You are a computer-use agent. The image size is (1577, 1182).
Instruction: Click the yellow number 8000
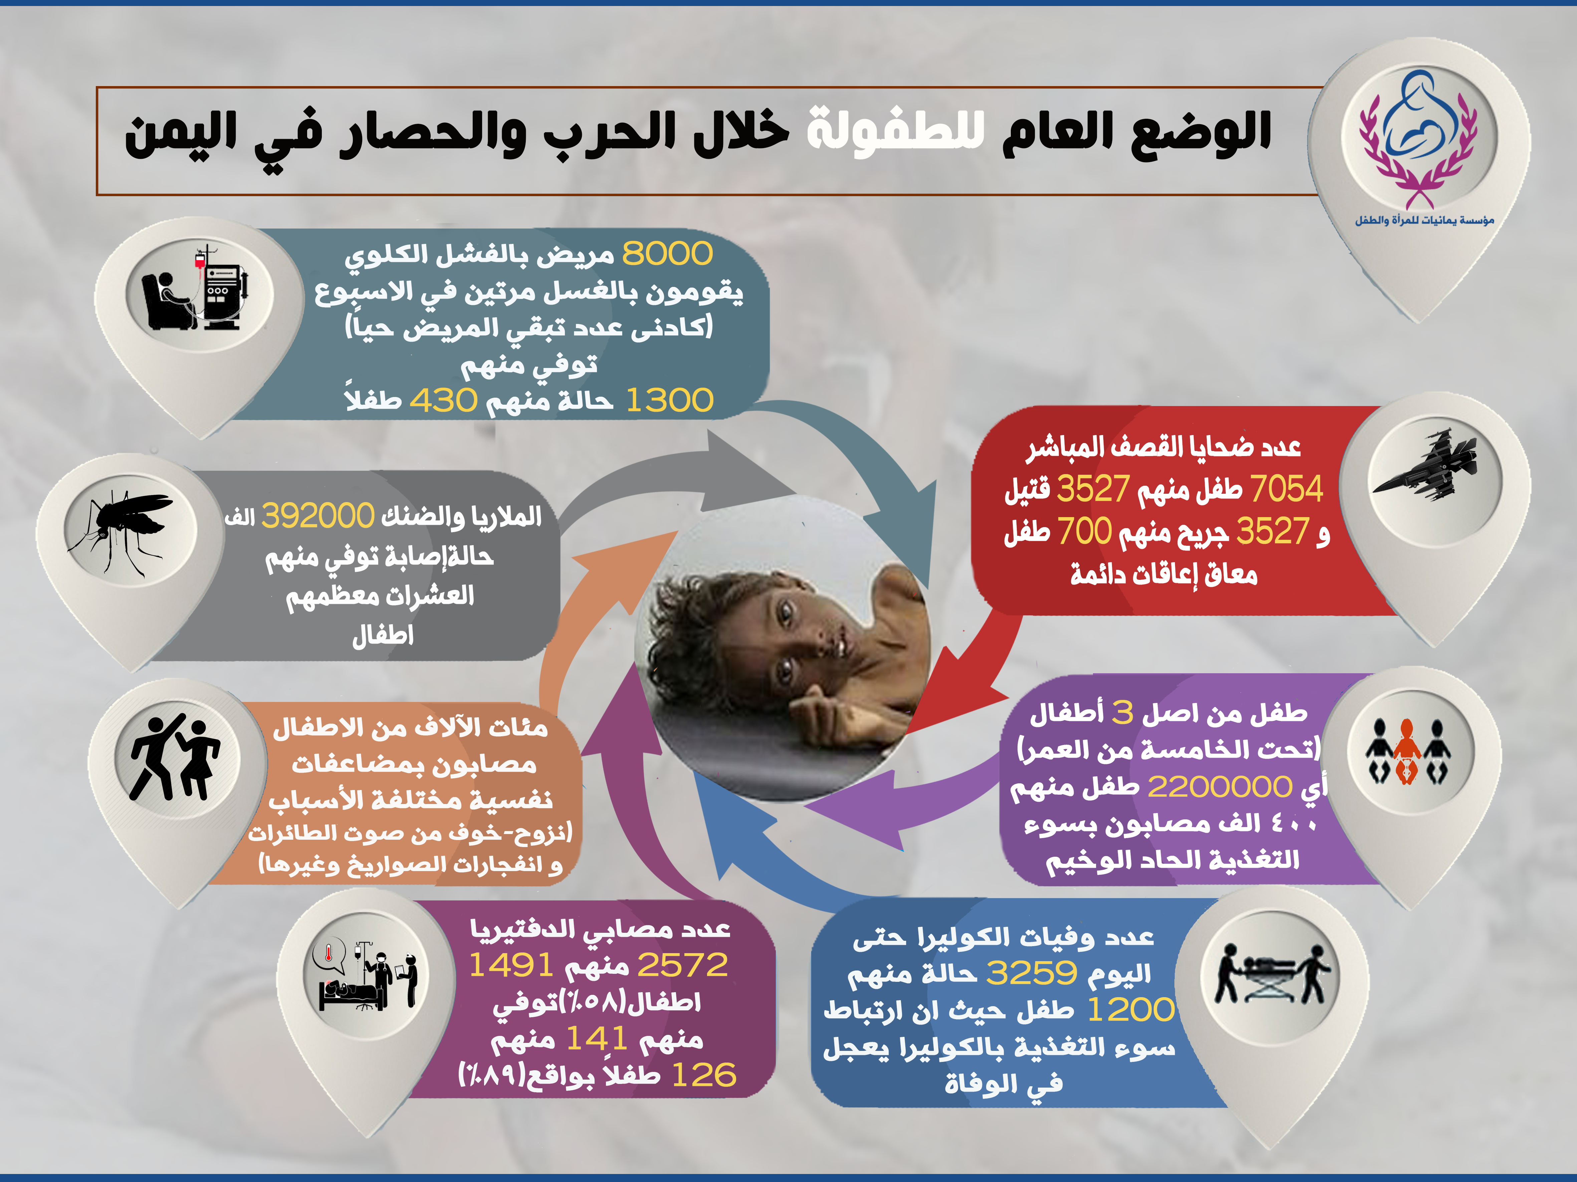click(667, 254)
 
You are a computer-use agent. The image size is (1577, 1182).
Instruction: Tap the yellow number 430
click(443, 400)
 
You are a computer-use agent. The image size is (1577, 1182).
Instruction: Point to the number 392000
click(318, 516)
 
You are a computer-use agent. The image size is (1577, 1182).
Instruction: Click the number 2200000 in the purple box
click(1220, 787)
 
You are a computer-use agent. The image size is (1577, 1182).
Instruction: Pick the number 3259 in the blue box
click(1032, 972)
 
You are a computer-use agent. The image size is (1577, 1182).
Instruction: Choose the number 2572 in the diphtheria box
click(682, 965)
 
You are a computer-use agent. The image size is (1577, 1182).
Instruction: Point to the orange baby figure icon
click(1406, 752)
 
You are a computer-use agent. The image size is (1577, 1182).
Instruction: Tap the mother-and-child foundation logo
click(1419, 139)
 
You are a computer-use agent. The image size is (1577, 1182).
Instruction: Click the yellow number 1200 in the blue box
click(1131, 1010)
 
